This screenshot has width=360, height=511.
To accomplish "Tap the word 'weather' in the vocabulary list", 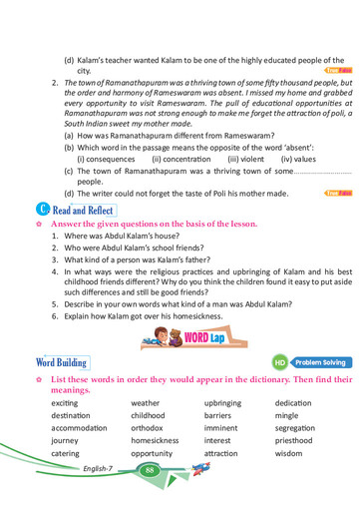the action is pyautogui.click(x=145, y=402).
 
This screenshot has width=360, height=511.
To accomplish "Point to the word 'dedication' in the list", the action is pyautogui.click(x=294, y=402).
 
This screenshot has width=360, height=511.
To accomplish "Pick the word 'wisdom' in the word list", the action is pyautogui.click(x=288, y=453).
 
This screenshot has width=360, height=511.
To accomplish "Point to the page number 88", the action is pyautogui.click(x=149, y=469).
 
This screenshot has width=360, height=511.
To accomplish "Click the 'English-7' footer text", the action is pyautogui.click(x=99, y=469).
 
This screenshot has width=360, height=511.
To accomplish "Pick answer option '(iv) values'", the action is pyautogui.click(x=298, y=158).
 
